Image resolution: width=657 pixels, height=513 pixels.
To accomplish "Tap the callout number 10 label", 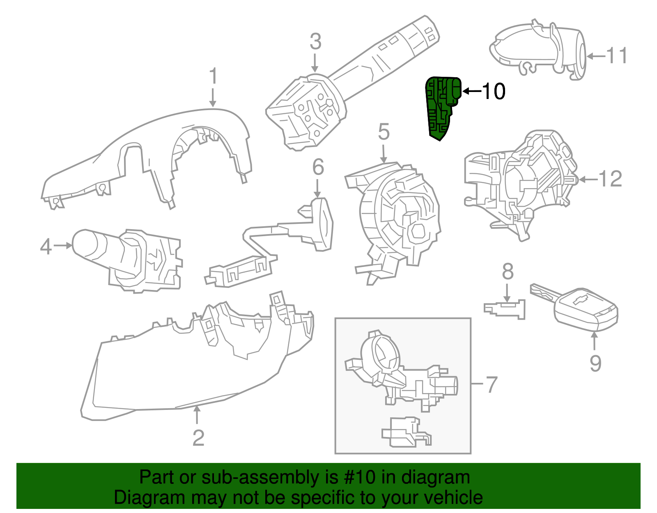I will click(493, 91).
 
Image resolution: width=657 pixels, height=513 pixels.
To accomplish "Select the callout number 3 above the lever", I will click(315, 42).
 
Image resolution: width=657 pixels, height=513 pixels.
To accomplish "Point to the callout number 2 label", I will click(198, 438).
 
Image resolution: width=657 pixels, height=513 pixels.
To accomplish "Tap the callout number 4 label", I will click(46, 246).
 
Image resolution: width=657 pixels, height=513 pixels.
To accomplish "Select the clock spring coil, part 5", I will click(394, 218).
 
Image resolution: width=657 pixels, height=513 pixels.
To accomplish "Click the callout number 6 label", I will click(318, 167).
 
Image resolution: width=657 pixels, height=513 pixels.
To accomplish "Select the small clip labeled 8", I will click(505, 309).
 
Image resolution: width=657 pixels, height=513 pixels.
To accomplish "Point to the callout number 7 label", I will click(491, 385).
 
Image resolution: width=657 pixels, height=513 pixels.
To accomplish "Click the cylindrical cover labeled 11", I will click(538, 49).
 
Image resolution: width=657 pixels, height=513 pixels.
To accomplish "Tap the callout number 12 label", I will click(610, 179).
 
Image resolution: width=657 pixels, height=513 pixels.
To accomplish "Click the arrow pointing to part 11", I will click(595, 56).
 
